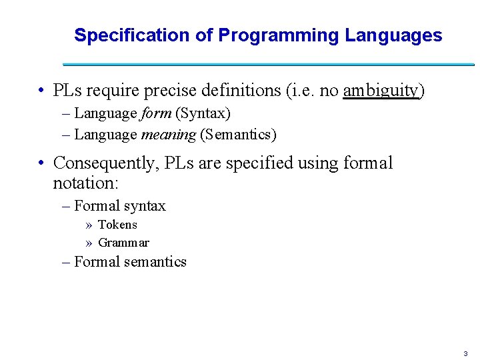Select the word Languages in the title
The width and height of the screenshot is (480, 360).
[393, 35]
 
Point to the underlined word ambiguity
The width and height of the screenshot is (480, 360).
[381, 91]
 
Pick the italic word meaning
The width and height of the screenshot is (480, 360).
[169, 135]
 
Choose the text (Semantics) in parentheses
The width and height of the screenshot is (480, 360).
[238, 135]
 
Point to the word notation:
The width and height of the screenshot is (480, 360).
[85, 181]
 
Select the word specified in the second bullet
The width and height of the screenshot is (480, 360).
[257, 163]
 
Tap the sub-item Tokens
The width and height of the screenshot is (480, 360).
[117, 225]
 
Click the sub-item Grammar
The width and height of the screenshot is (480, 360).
[123, 243]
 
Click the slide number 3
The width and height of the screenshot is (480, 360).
[465, 353]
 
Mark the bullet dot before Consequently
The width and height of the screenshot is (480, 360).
[41, 163]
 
